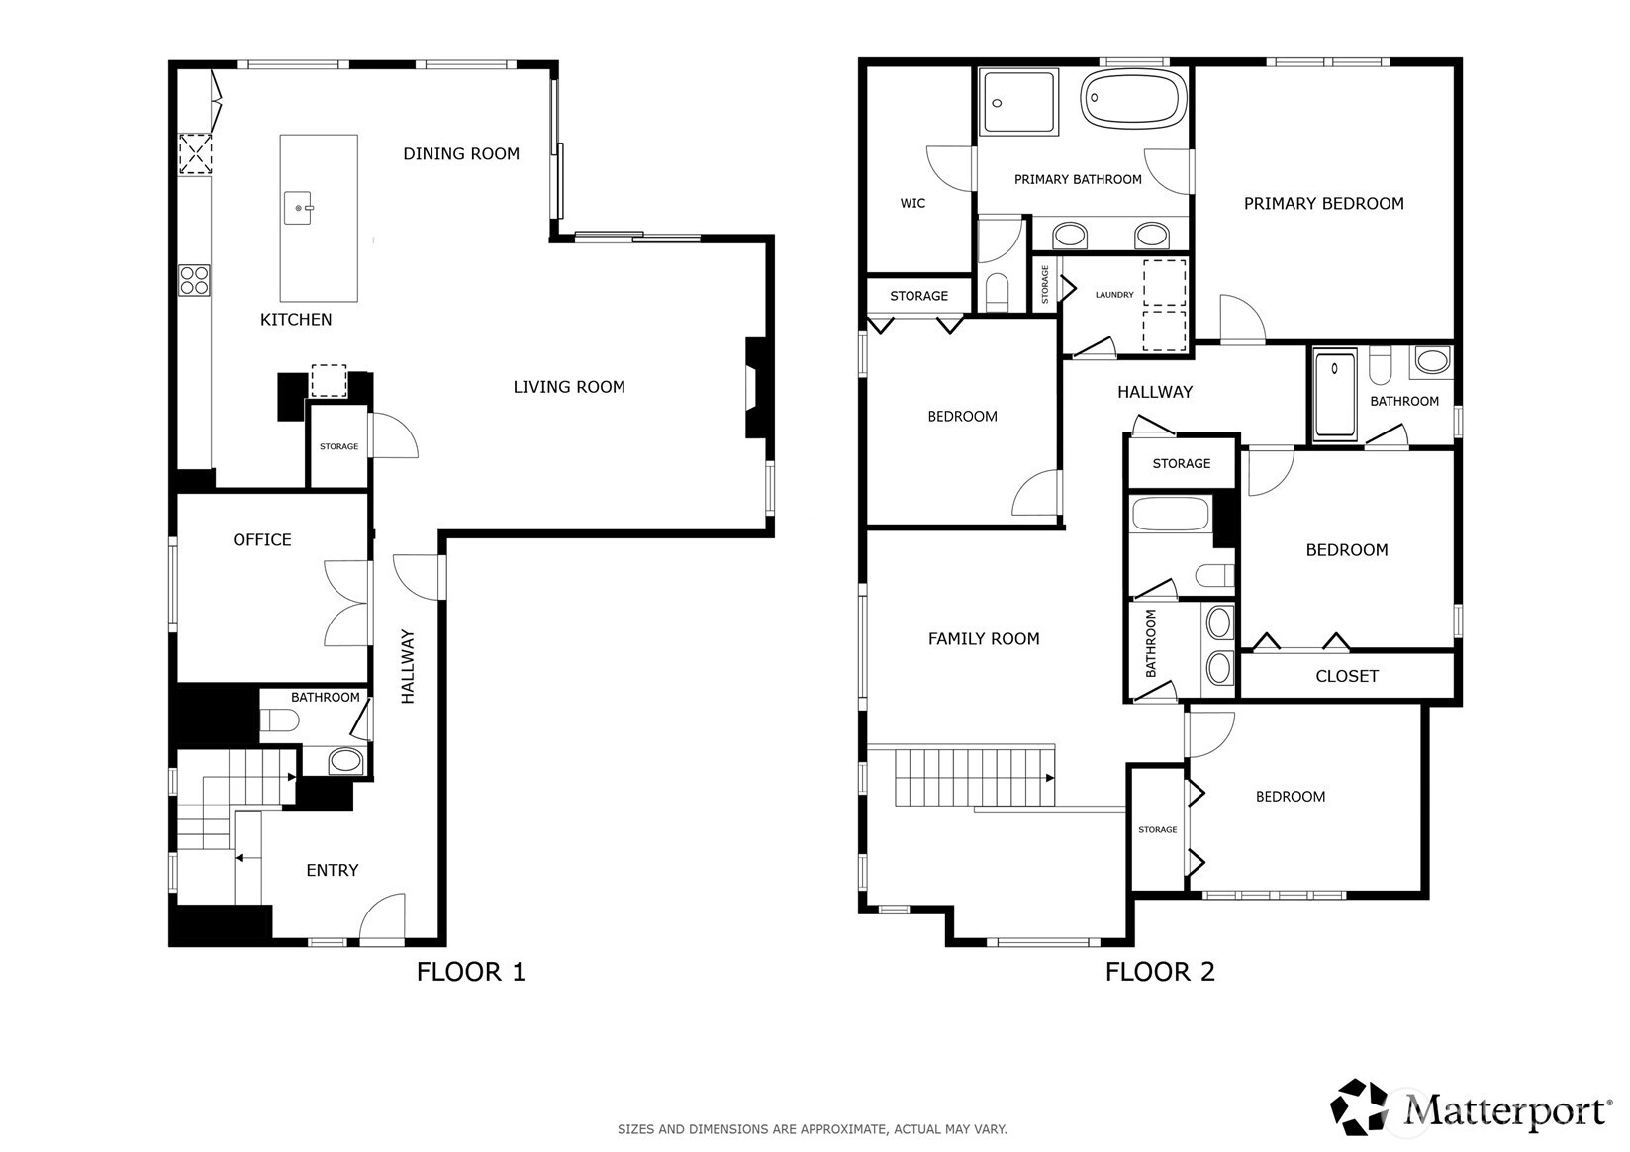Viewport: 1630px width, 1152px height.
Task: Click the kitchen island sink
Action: [x=299, y=208]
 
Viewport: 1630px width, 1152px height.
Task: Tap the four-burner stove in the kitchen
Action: [x=194, y=280]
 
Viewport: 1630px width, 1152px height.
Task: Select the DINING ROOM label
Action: [x=461, y=153]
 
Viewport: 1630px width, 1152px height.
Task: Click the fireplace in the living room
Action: [x=756, y=387]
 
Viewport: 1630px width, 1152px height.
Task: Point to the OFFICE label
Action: [x=262, y=539]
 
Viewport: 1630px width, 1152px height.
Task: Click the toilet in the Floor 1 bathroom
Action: [x=279, y=720]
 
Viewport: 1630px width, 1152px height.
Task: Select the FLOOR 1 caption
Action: [x=470, y=972]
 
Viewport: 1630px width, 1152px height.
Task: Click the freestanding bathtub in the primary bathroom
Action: [x=1134, y=98]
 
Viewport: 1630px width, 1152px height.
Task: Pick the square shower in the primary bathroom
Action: [x=1019, y=101]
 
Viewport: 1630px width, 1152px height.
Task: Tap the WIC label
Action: [x=912, y=203]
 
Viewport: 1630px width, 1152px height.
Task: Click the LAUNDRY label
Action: [x=1114, y=295]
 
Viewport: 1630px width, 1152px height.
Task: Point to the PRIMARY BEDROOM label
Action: [x=1323, y=203]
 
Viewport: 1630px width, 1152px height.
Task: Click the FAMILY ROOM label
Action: [x=984, y=639]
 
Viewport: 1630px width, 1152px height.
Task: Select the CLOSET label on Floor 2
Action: [x=1347, y=676]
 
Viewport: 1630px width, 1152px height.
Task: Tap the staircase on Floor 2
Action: [x=975, y=777]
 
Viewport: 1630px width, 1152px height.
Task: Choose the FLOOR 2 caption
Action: [x=1159, y=972]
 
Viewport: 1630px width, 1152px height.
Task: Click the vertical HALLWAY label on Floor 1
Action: [x=408, y=666]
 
